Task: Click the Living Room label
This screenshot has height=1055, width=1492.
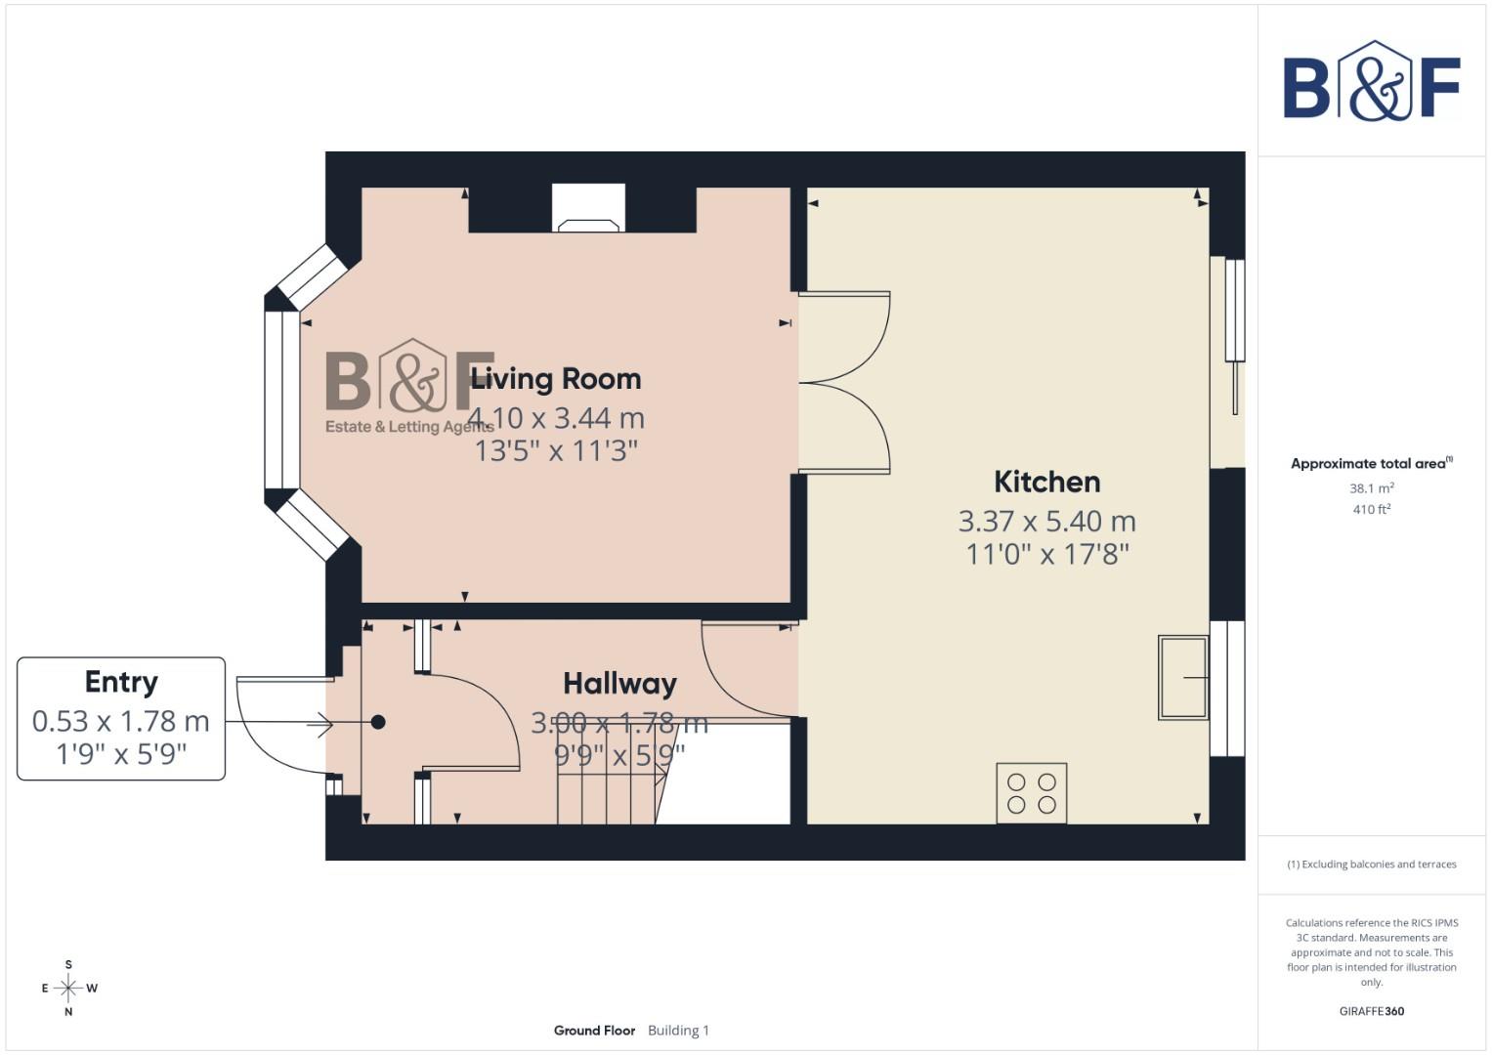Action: coord(555,379)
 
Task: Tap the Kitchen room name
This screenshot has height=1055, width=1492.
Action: coord(1046,482)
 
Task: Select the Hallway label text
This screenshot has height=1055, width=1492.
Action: coord(619,684)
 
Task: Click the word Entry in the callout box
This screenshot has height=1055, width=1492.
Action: coord(121,682)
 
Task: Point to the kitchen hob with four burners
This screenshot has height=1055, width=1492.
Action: coord(1032,793)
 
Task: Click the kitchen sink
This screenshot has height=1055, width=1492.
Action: coord(1183,677)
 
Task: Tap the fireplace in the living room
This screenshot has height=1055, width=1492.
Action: coord(588,209)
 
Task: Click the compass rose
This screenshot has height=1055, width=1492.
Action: coord(68,989)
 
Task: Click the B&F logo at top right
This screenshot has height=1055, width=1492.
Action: coord(1371,83)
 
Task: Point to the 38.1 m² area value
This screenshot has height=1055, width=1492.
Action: coord(1371,487)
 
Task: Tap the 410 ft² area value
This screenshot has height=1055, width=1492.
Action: coord(1371,509)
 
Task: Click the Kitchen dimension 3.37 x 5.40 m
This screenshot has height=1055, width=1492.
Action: coord(1046,521)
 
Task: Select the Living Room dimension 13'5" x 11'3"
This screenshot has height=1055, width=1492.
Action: coord(555,450)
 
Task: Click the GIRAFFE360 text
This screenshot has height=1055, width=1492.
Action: coord(1371,1011)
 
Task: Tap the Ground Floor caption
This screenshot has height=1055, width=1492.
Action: coord(594,1031)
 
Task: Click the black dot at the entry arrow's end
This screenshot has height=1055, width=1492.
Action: coord(378,723)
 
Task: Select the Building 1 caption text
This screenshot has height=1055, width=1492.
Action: coord(678,1031)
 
